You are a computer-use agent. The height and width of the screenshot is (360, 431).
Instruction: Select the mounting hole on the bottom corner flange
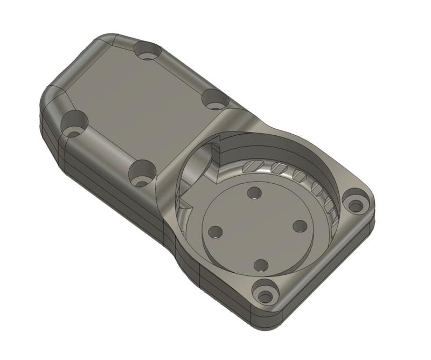click(266, 295)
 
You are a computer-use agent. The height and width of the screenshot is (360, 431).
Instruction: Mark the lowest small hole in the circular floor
click(261, 265)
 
